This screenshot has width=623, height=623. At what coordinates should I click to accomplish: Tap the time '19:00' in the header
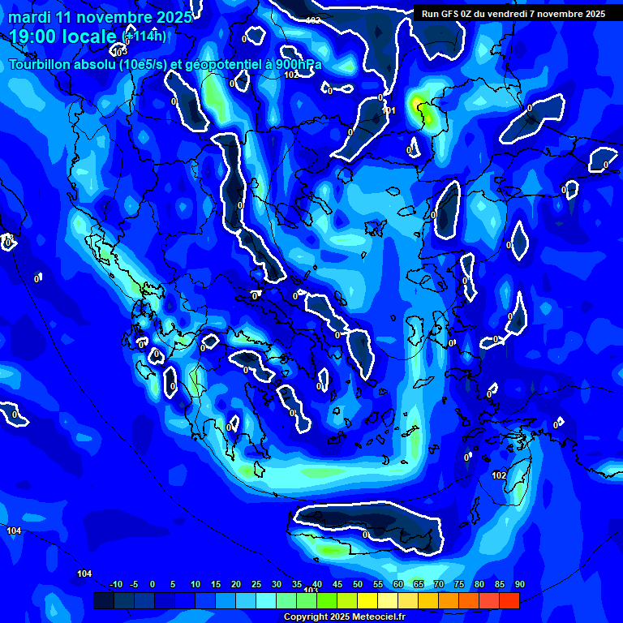coord(37,37)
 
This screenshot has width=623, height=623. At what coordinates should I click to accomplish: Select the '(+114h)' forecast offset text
coord(145,36)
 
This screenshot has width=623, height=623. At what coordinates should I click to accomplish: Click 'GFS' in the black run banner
coord(452,14)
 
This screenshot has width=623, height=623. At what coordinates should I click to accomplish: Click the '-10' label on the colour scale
coord(115,585)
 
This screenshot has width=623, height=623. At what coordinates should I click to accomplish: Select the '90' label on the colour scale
coord(519,585)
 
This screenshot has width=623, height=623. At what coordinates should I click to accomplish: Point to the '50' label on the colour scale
coord(358,585)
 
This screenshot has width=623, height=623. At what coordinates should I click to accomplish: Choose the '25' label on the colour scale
coord(256,585)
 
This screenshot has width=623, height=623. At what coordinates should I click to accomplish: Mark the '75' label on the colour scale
coord(459,585)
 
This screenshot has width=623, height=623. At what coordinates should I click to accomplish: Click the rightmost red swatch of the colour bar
coord(509,600)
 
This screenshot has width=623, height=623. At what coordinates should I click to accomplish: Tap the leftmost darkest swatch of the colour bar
coord(104,600)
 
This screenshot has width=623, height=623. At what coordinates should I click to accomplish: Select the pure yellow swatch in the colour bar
coord(367,600)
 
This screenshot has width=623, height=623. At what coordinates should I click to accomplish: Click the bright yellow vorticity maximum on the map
coord(418,104)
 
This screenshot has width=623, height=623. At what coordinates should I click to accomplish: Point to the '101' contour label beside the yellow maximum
coord(389,110)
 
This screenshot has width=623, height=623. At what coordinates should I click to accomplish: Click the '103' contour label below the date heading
coord(120,52)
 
